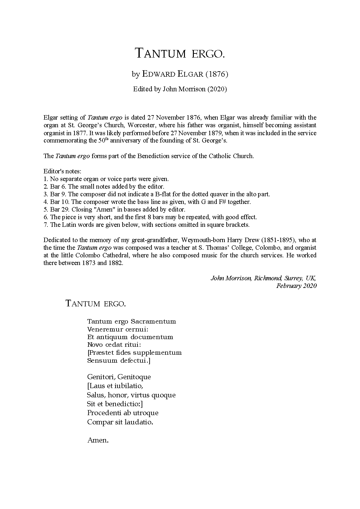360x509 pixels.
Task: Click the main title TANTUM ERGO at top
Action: coord(180,53)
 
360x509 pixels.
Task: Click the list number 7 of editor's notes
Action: coord(46,225)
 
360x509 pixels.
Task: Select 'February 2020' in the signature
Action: coord(296,286)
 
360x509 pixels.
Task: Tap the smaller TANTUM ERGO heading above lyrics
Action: coord(95,303)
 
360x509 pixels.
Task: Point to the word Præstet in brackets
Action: coord(100,353)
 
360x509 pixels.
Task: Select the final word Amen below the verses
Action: coord(97,441)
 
